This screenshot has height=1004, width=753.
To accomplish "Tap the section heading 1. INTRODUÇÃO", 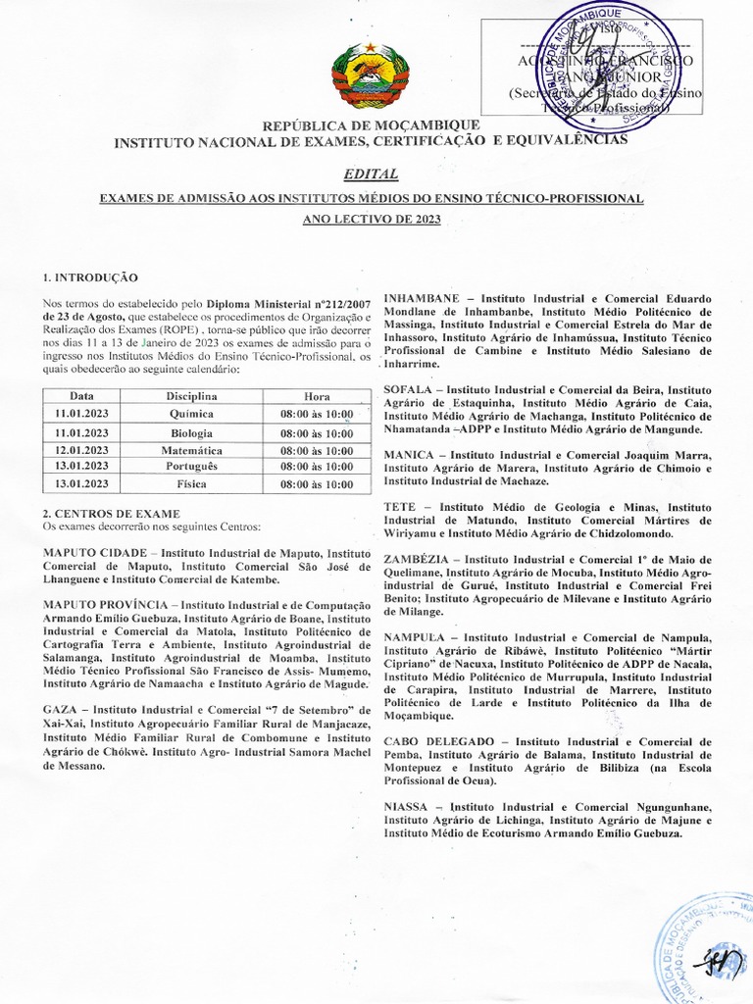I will pyautogui.click(x=91, y=277).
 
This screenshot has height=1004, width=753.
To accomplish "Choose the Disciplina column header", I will pyautogui.click(x=191, y=396).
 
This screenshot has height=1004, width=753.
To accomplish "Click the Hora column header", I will pyautogui.click(x=317, y=396).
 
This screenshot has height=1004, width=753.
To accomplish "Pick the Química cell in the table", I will pyautogui.click(x=192, y=415).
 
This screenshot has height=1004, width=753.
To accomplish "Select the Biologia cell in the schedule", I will pyautogui.click(x=191, y=432).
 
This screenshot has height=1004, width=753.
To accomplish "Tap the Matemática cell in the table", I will pyautogui.click(x=191, y=450).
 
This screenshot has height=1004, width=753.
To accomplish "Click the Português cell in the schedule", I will pyautogui.click(x=191, y=467).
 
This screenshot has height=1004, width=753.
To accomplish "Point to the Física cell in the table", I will pyautogui.click(x=191, y=484).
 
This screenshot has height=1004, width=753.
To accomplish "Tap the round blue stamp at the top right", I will pyautogui.click(x=588, y=59).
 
